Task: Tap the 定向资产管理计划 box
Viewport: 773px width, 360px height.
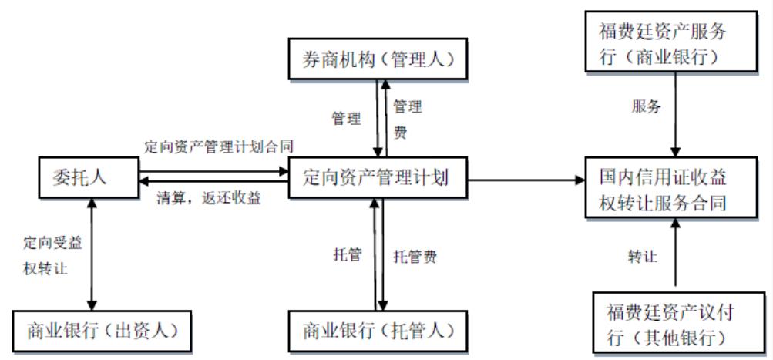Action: click(376, 178)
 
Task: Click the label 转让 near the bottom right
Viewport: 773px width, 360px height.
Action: click(642, 256)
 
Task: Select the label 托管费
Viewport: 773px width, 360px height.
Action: click(415, 257)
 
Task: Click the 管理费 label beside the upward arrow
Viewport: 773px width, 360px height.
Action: click(407, 119)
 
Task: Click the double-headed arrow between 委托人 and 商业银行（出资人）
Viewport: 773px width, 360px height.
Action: click(92, 255)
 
